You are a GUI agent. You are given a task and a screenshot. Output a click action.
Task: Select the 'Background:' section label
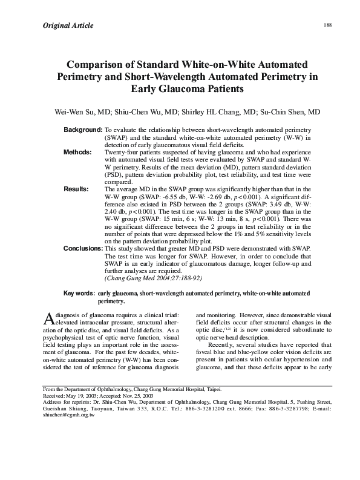point(83,131)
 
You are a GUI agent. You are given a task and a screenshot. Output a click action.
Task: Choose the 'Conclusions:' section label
point(83,249)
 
